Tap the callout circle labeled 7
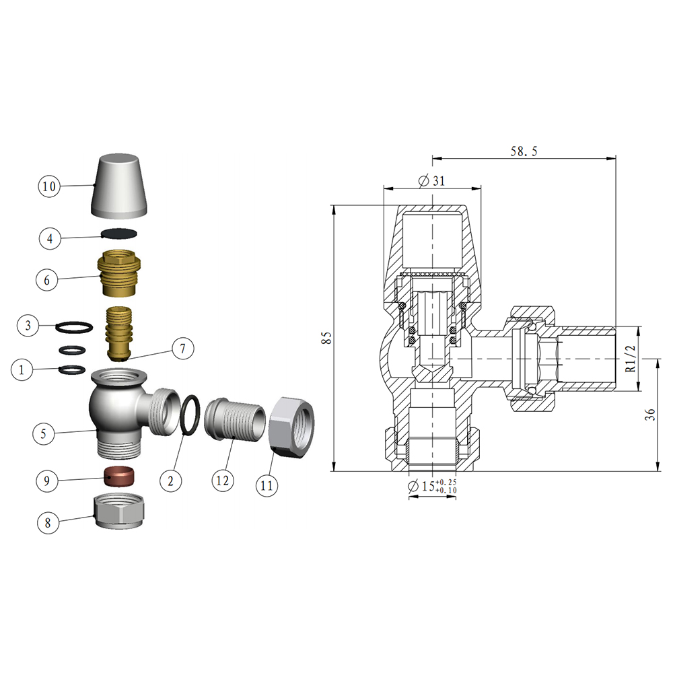point(182,349)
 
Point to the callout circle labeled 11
point(268,485)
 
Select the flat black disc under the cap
point(120,234)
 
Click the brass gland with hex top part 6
point(120,275)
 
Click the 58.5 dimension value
point(524,151)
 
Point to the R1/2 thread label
point(630,359)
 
